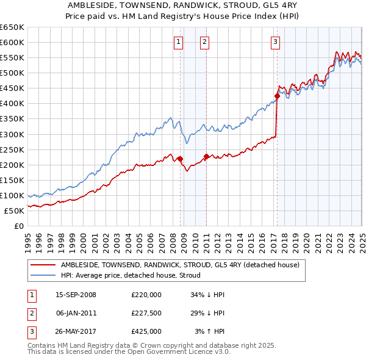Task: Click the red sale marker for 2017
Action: (x=277, y=96)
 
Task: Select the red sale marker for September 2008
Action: (x=181, y=159)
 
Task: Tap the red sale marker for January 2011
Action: (x=206, y=156)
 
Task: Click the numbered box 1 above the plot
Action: (x=178, y=42)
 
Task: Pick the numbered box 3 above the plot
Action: (x=276, y=42)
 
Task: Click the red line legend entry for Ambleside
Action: (x=180, y=265)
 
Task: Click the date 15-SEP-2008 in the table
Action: (x=76, y=295)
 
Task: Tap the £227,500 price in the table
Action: (x=146, y=314)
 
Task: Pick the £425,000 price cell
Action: (x=146, y=332)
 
